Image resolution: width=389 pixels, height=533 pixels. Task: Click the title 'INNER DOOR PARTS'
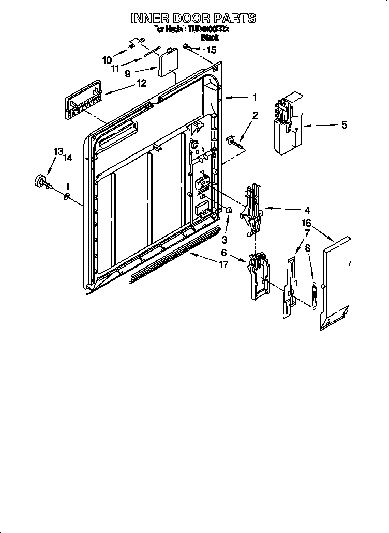coord(192,19)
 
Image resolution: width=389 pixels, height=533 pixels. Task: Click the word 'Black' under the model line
coord(210,37)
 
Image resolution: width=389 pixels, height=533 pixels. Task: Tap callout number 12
coord(141,83)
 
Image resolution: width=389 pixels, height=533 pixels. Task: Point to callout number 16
coord(307,223)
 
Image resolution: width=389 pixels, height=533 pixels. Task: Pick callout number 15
coord(211,50)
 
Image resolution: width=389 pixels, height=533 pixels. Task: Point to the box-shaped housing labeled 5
coord(285,123)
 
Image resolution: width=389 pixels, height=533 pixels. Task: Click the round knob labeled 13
coord(39,182)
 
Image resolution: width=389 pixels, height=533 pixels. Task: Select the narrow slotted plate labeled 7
coord(289,287)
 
